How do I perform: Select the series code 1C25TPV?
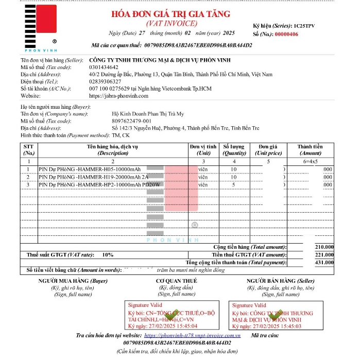pyautogui.click(x=304, y=25)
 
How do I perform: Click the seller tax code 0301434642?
pyautogui.click(x=104, y=67)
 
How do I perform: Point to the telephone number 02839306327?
pyautogui.click(x=105, y=81)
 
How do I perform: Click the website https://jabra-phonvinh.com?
pyautogui.click(x=118, y=96)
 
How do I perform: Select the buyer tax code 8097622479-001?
pyautogui.click(x=131, y=121)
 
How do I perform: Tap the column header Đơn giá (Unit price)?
pyautogui.click(x=268, y=150)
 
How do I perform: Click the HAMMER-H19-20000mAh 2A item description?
pyautogui.click(x=93, y=177)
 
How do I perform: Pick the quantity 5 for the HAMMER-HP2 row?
pyautogui.click(x=234, y=184)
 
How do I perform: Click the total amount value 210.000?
pyautogui.click(x=324, y=247)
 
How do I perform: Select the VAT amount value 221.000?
pyautogui.click(x=324, y=255)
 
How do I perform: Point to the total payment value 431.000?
pyautogui.click(x=324, y=263)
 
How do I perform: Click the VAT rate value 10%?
pyautogui.click(x=108, y=255)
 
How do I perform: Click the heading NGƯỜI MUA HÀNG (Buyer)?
pyautogui.click(x=73, y=281)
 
